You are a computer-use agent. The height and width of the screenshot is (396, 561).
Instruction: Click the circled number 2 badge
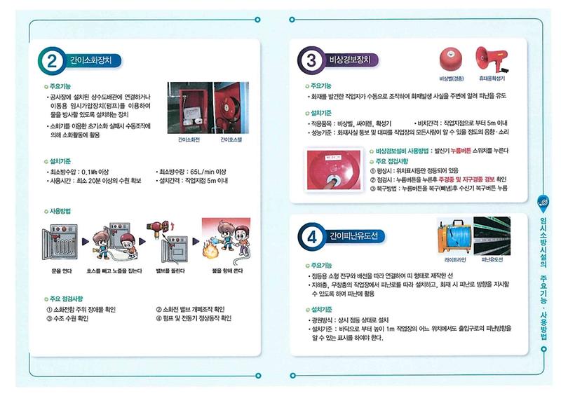[x=52, y=61]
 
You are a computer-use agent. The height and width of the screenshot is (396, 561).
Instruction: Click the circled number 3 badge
[x=311, y=61]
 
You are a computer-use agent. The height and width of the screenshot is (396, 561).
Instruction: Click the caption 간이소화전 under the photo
[x=186, y=139]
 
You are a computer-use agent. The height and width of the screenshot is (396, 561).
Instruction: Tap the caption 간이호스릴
[x=231, y=139]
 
